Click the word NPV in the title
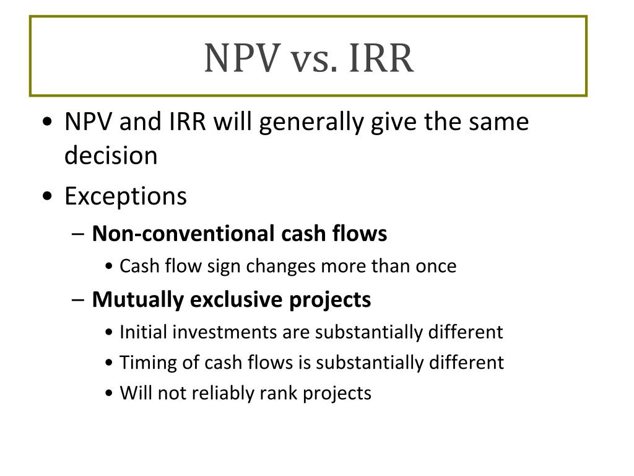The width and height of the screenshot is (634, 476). [242, 58]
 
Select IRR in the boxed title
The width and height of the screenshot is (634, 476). [381, 58]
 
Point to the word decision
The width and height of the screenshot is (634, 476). [111, 156]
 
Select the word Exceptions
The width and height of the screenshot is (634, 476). [125, 197]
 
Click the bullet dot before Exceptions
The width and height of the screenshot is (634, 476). [47, 196]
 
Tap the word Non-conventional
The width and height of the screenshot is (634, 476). [183, 234]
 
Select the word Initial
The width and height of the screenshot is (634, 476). [143, 332]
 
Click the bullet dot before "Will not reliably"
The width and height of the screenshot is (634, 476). [109, 394]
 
